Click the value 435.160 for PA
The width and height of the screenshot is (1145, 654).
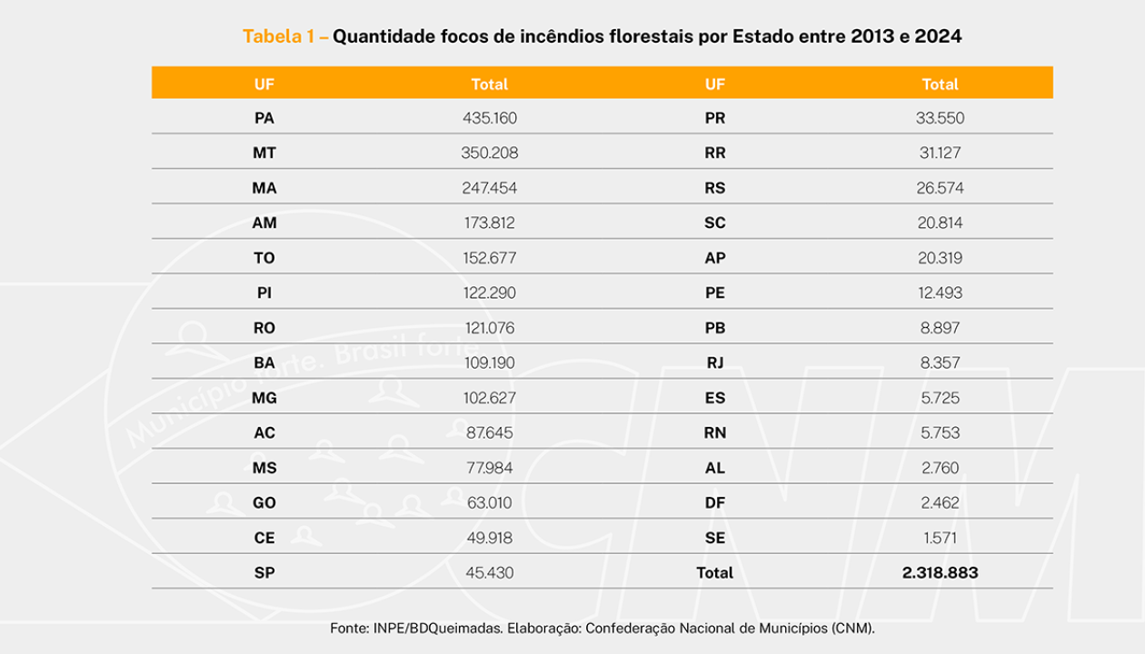(489, 118)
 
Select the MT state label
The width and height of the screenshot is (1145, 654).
(264, 154)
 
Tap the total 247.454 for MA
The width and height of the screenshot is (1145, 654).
(489, 188)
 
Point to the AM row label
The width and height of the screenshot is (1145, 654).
(264, 223)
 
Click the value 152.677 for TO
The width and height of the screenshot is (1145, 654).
(489, 258)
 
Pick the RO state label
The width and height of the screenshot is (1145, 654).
(264, 328)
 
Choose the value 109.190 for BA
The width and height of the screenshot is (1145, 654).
(489, 363)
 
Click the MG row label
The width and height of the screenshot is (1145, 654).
(264, 398)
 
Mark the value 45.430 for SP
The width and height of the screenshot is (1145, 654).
(489, 573)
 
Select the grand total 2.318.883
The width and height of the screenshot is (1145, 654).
(940, 573)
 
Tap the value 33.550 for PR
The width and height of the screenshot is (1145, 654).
(940, 118)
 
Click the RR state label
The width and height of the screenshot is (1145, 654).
(715, 154)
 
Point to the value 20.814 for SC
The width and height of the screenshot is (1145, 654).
(940, 223)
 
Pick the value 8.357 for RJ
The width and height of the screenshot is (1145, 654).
(940, 363)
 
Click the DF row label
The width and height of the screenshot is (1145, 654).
(715, 503)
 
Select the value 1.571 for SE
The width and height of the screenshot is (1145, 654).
(940, 538)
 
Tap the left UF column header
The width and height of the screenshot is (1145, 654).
(264, 84)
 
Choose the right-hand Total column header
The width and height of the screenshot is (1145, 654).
(940, 84)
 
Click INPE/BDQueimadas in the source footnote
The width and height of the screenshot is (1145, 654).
(435, 628)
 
